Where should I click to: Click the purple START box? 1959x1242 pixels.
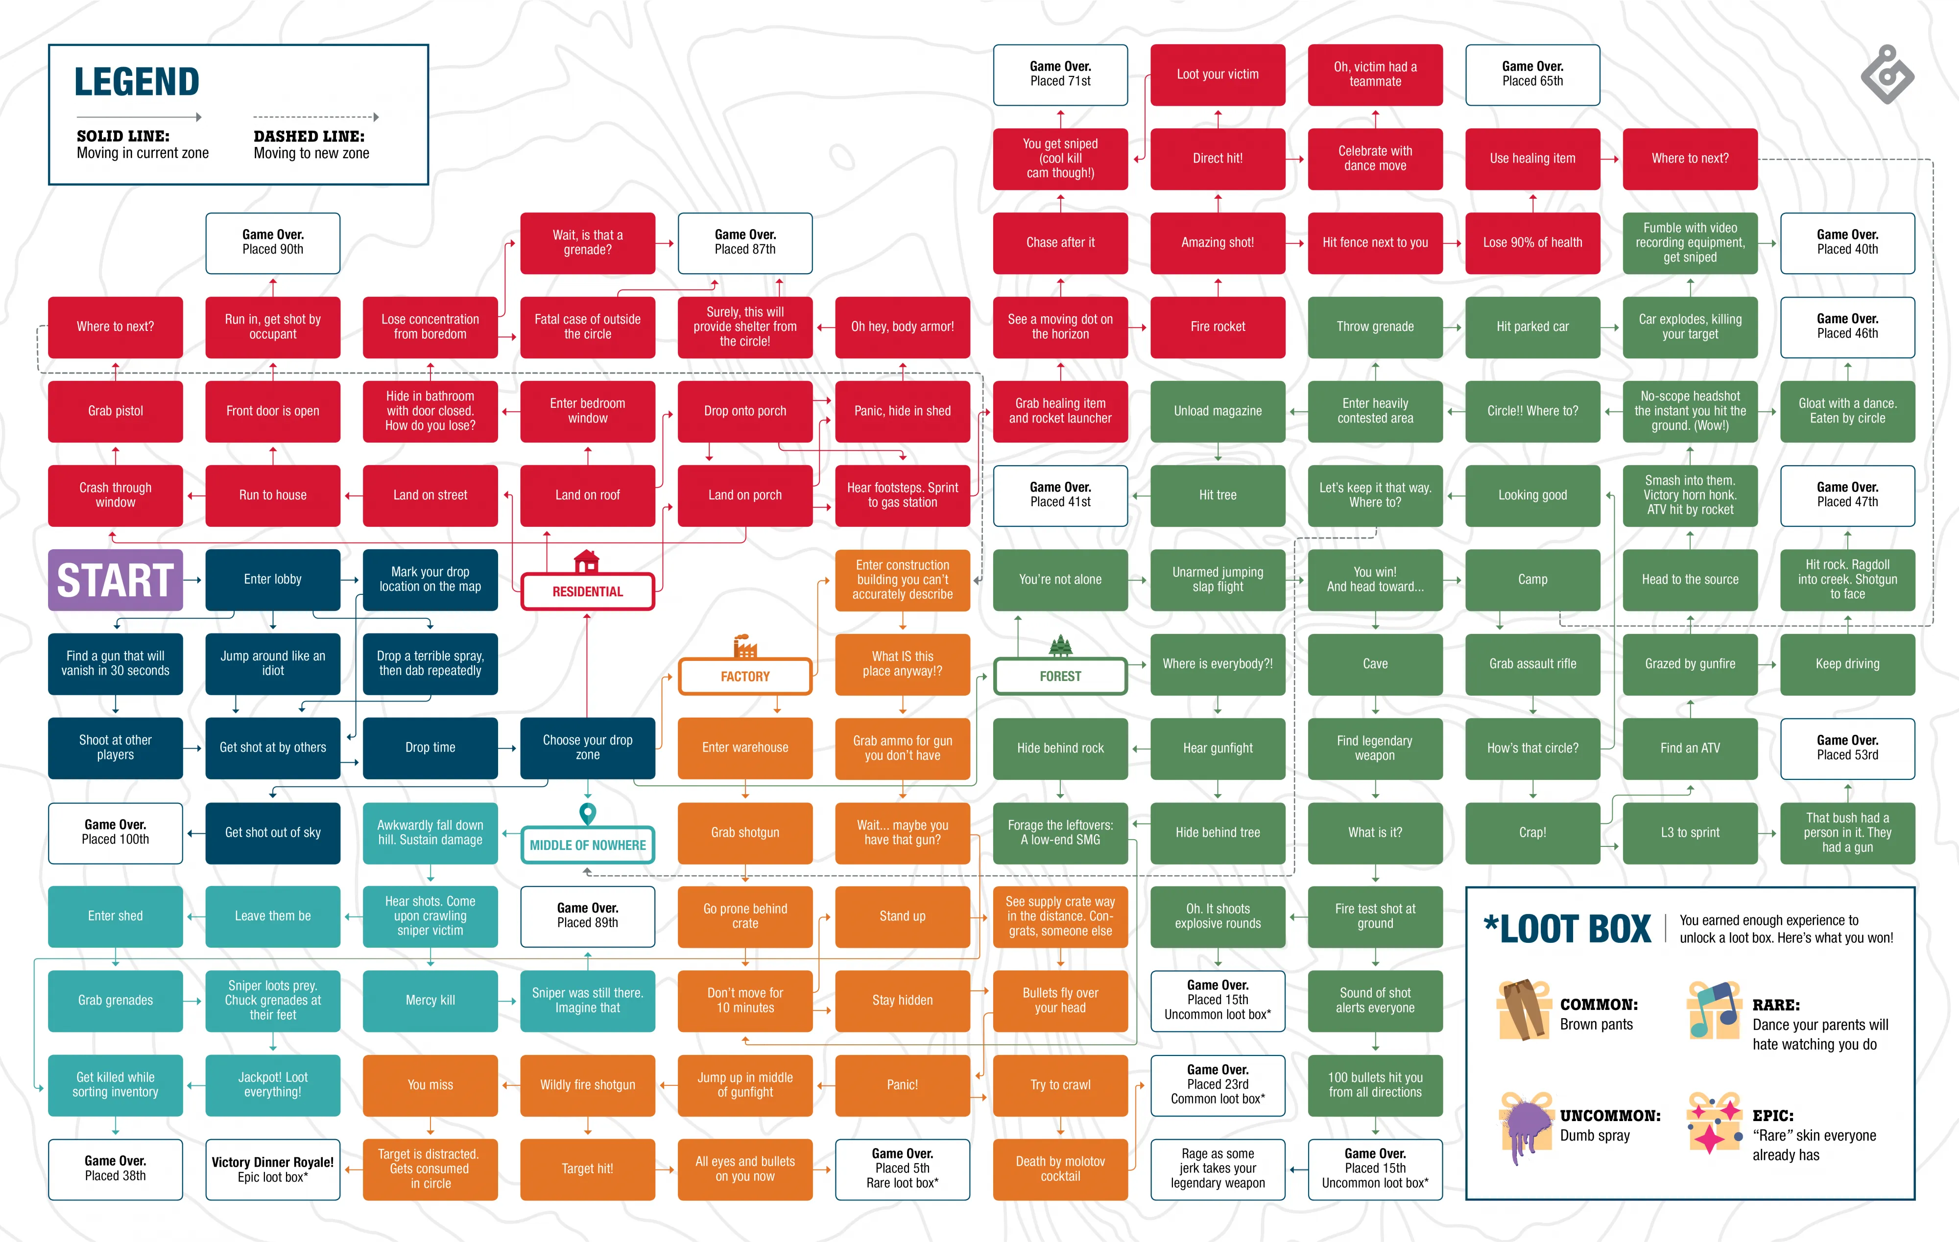[116, 580]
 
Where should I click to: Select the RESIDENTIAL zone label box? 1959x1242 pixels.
[587, 591]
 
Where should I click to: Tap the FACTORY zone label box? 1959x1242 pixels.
[745, 676]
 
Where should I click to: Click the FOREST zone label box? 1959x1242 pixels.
[1060, 676]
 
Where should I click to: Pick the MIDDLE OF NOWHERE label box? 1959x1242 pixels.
[587, 845]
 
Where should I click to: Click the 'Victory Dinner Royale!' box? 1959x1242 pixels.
[272, 1169]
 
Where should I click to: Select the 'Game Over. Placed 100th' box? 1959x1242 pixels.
[116, 832]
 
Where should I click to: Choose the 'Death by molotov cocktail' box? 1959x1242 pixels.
[1060, 1169]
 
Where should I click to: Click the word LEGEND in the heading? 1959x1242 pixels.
[137, 82]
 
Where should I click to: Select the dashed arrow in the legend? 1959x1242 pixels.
[316, 117]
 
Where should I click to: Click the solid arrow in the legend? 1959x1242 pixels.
[138, 117]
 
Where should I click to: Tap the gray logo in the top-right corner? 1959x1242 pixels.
[1887, 75]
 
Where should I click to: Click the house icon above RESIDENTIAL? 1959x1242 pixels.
[587, 561]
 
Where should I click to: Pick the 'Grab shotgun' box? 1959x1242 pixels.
[745, 832]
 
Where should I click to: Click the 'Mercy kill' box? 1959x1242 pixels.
[430, 1001]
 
